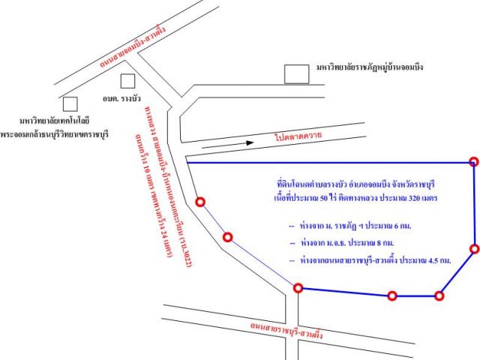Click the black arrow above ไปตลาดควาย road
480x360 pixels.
pyautogui.click(x=227, y=145)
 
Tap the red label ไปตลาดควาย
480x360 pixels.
pyautogui.click(x=298, y=136)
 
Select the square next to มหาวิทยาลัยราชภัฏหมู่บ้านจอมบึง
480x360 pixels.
pyautogui.click(x=296, y=74)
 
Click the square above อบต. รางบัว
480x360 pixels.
pyautogui.click(x=127, y=81)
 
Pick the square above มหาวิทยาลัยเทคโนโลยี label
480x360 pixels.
pyautogui.click(x=70, y=104)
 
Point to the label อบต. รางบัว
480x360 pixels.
pyautogui.click(x=121, y=98)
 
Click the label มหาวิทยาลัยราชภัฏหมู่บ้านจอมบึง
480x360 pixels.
pyautogui.click(x=370, y=67)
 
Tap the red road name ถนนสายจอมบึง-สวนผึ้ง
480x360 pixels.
pyautogui.click(x=133, y=46)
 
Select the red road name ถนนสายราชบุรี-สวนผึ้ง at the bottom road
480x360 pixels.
pyautogui.click(x=286, y=330)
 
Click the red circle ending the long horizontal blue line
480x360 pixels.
pyautogui.click(x=474, y=161)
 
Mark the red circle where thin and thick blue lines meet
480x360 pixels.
pyautogui.click(x=298, y=288)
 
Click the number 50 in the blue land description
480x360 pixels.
pyautogui.click(x=324, y=198)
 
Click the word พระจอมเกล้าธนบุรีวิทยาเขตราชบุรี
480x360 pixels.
pyautogui.click(x=55, y=134)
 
